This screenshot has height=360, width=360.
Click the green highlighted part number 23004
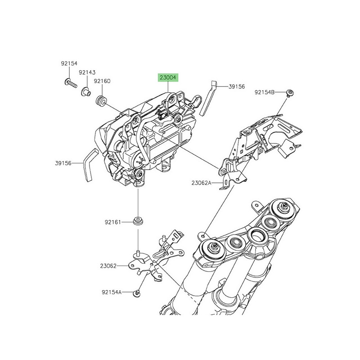[167, 78]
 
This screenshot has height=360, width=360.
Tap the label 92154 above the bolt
[69, 63]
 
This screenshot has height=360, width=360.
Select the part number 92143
[87, 72]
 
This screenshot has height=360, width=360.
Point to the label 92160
[102, 81]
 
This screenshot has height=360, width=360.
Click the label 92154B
[265, 92]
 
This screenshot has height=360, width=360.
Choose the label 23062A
[201, 183]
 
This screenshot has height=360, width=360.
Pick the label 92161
[113, 222]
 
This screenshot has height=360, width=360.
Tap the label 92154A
[112, 292]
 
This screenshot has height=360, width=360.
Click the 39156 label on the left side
[63, 163]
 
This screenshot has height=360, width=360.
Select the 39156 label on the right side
[237, 86]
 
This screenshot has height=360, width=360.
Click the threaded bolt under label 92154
[71, 83]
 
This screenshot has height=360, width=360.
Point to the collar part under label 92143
[86, 92]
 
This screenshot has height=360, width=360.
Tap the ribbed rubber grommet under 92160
[101, 100]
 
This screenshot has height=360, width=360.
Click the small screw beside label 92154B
[290, 93]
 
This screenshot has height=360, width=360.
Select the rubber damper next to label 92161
[139, 221]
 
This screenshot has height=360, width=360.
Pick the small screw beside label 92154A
[137, 293]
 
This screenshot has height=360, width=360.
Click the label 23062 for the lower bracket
[108, 266]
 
